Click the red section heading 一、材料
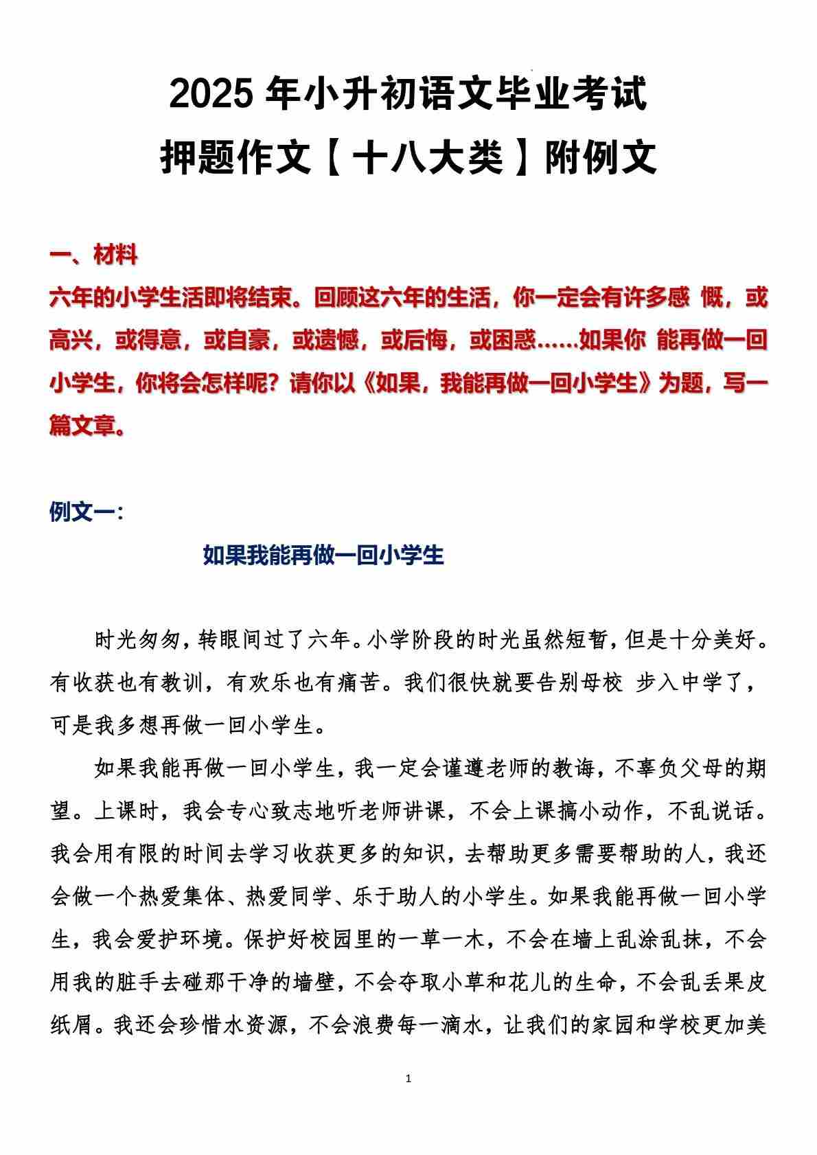[x=93, y=255]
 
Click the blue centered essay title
[x=323, y=555]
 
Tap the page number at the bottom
[x=408, y=1079]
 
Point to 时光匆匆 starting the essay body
[x=137, y=641]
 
